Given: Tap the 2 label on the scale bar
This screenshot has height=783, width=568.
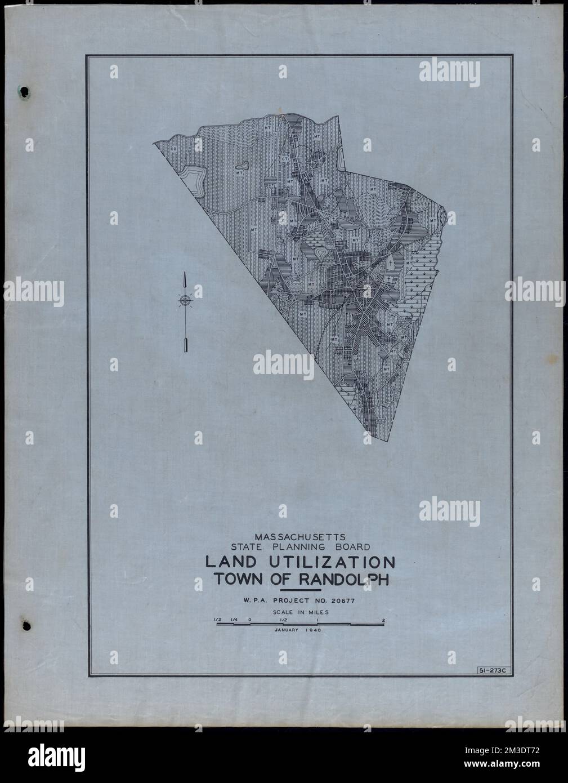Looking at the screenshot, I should click(x=383, y=620).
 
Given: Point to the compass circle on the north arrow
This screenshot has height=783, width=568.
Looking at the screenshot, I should click(x=185, y=301).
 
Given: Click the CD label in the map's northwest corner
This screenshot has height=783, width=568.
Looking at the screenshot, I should click(x=174, y=149).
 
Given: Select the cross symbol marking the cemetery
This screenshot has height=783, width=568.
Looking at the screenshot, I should click(x=390, y=263).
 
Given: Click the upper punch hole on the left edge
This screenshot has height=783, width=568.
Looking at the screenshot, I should click(x=24, y=90).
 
